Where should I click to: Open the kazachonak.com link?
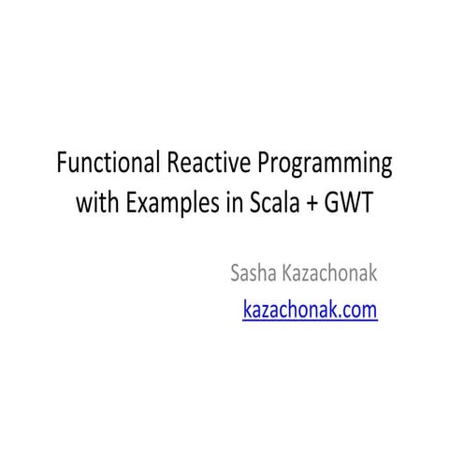(x=310, y=310)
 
